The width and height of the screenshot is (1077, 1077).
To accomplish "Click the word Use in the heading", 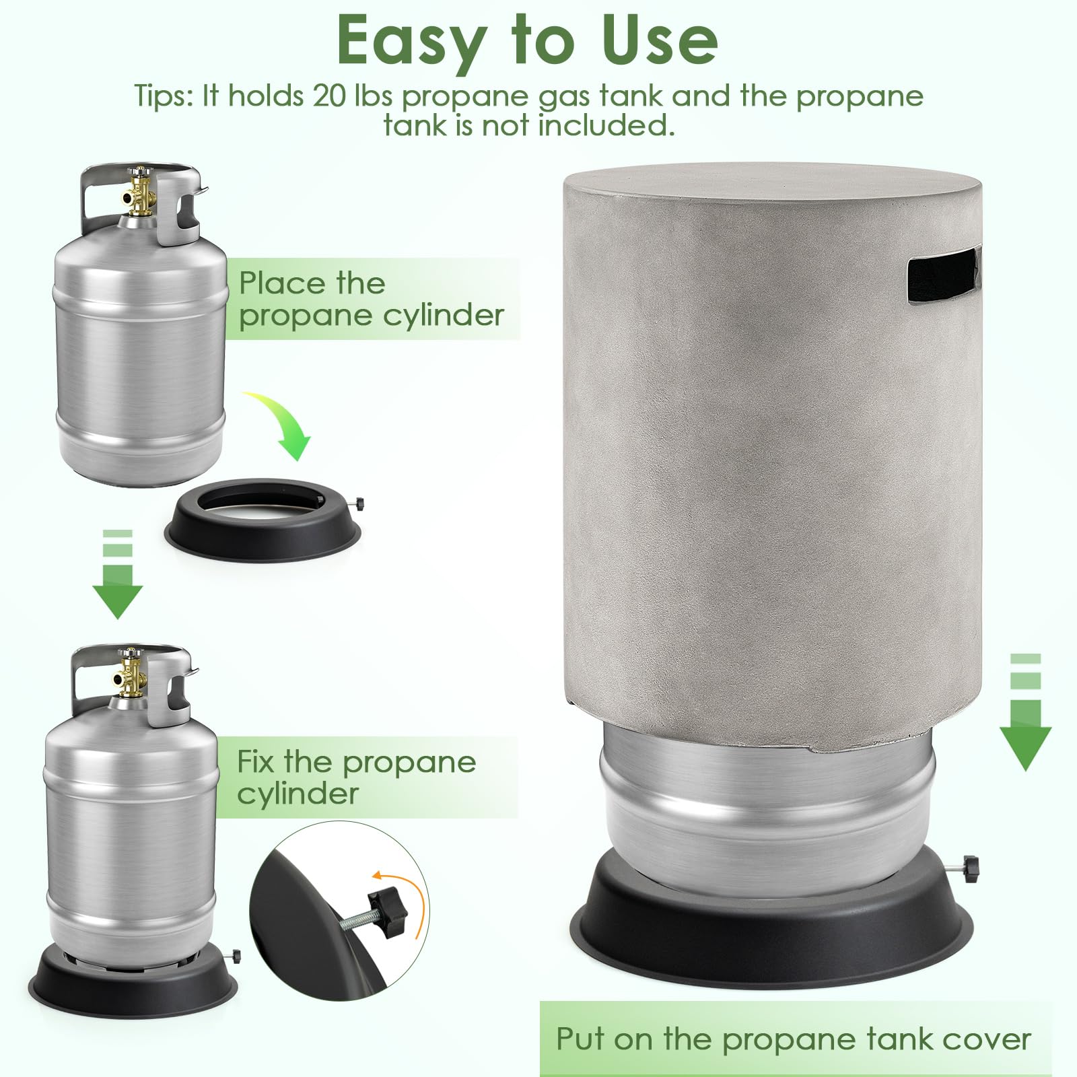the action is coord(649,40).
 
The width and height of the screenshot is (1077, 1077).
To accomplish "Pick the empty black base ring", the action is coord(263,518).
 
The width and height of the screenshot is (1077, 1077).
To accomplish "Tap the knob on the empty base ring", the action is coord(360,502).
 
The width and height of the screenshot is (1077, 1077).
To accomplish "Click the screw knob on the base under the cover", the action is coord(971,864).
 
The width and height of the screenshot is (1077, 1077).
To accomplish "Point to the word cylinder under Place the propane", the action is coord(440,315).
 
